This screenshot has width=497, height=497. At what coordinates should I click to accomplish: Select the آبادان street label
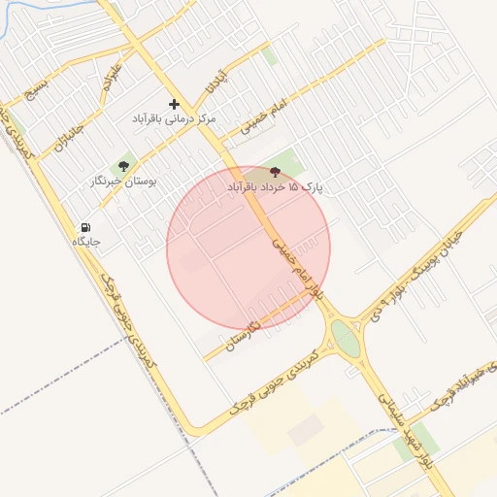pyautogui.click(x=215, y=82)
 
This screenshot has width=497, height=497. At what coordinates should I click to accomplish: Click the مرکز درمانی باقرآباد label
pyautogui.click(x=175, y=117)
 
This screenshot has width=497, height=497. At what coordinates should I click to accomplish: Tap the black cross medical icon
pyautogui.click(x=175, y=103)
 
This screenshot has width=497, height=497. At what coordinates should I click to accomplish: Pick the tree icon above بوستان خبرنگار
pyautogui.click(x=122, y=167)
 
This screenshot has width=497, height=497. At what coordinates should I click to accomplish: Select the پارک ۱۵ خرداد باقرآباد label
pyautogui.click(x=275, y=184)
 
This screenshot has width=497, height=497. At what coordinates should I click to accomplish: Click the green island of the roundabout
pyautogui.click(x=345, y=339)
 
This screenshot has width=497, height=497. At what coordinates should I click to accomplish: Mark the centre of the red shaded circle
pyautogui.click(x=248, y=247)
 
